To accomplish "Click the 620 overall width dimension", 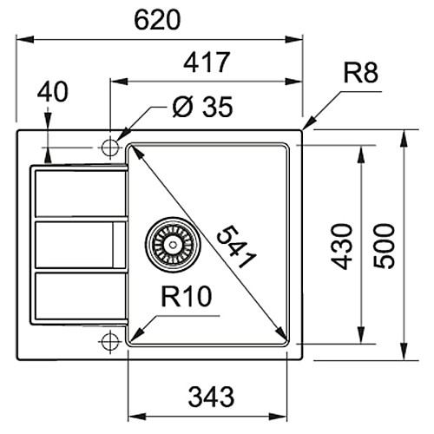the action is coord(157,20).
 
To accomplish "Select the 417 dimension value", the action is coord(207,62).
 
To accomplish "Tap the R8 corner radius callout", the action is coord(360,74).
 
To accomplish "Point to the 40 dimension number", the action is coord(53,92).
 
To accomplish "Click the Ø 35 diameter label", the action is coord(202,107).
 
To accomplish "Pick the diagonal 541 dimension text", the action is coord(236,247).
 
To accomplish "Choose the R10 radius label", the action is coord(187,296).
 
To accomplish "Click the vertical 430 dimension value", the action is coord(342,247).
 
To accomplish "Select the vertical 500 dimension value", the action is coord(384,246).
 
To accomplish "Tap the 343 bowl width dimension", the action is coord(211,397).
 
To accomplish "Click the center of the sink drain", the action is coord(173,245).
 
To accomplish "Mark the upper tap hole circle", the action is coord(110,148).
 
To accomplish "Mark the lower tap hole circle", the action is coord(110,342).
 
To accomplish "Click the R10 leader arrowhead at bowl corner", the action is coord(136,335).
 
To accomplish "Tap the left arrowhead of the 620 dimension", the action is coord(25,39).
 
